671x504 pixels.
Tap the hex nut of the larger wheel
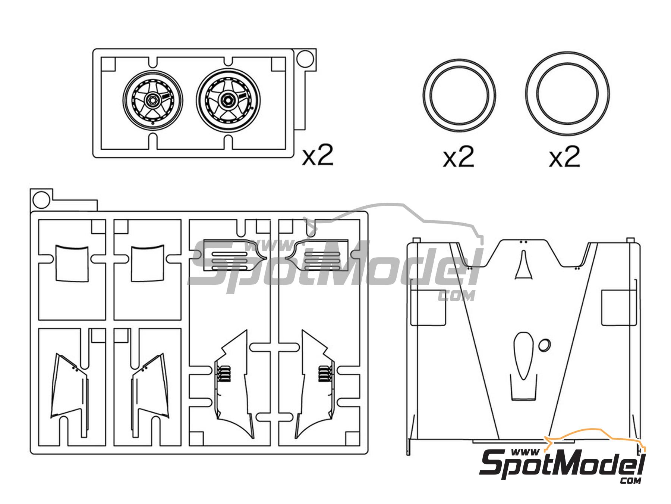(x=226, y=99)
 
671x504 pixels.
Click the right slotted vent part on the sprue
(x=317, y=255)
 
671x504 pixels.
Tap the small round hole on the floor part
(x=544, y=345)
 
